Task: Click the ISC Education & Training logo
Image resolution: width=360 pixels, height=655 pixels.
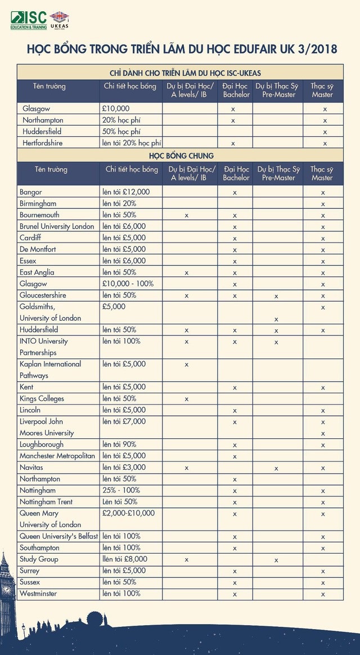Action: tap(28, 20)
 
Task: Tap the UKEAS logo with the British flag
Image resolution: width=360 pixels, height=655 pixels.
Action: tap(59, 20)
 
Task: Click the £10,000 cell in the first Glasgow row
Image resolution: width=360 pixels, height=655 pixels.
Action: tap(116, 109)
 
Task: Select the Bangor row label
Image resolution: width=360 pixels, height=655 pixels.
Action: tap(30, 192)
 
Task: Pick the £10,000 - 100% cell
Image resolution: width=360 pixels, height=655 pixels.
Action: tap(128, 284)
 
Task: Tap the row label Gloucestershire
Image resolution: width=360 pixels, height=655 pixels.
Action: tap(43, 295)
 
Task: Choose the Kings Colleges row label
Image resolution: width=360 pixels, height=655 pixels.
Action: tap(42, 398)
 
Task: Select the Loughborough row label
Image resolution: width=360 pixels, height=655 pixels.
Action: tap(42, 445)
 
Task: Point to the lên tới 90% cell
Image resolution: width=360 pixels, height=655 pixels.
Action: tap(119, 445)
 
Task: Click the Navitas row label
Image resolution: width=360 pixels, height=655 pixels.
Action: tap(31, 467)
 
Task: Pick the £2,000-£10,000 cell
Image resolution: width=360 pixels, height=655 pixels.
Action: tap(128, 513)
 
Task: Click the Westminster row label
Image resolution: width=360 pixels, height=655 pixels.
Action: tap(38, 594)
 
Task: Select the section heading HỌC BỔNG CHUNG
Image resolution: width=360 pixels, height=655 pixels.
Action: tap(180, 155)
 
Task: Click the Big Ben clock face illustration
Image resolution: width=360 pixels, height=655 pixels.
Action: tap(7, 589)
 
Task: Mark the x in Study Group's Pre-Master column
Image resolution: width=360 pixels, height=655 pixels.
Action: tap(276, 560)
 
